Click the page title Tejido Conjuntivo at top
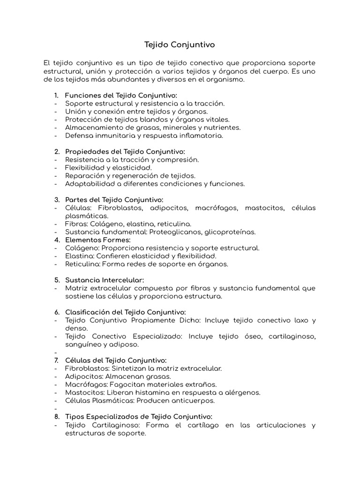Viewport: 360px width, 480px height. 180,45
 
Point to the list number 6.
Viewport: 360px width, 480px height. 57,312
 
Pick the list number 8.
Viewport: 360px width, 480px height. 57,416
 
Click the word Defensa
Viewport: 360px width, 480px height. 78,135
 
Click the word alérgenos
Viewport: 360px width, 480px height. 243,392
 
